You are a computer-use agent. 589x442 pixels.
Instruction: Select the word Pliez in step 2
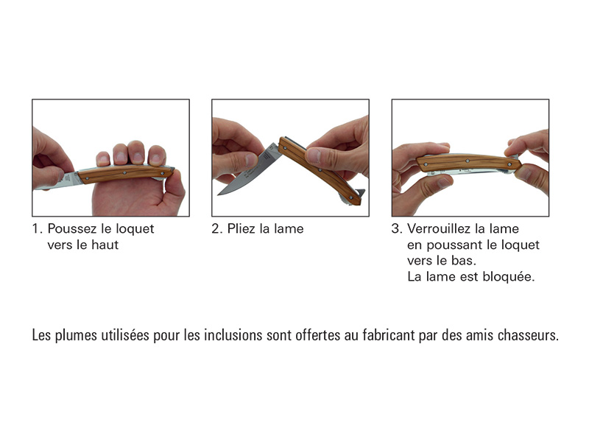coord(241,229)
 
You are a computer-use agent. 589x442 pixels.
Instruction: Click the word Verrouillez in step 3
coord(438,229)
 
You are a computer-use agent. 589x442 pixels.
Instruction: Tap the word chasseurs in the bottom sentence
coord(528,335)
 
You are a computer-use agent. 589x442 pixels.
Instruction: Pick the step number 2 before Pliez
coord(216,229)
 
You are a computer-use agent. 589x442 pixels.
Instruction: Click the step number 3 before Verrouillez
coord(396,229)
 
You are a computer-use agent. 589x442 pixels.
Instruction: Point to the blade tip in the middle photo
coord(219,194)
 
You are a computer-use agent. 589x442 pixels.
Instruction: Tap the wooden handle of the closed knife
coord(468,162)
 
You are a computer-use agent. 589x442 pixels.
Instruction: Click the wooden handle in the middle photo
coord(320,170)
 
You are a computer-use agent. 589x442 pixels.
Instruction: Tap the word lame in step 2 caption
coord(289,229)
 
